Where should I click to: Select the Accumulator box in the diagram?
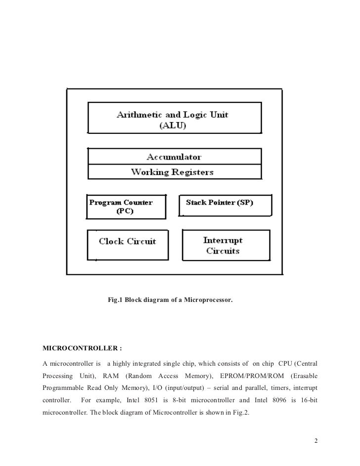point(174,157)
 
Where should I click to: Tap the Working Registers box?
point(174,172)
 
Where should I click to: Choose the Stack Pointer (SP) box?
point(225,205)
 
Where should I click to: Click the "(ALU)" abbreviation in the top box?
point(173,126)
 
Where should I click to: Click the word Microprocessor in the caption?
point(208,300)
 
